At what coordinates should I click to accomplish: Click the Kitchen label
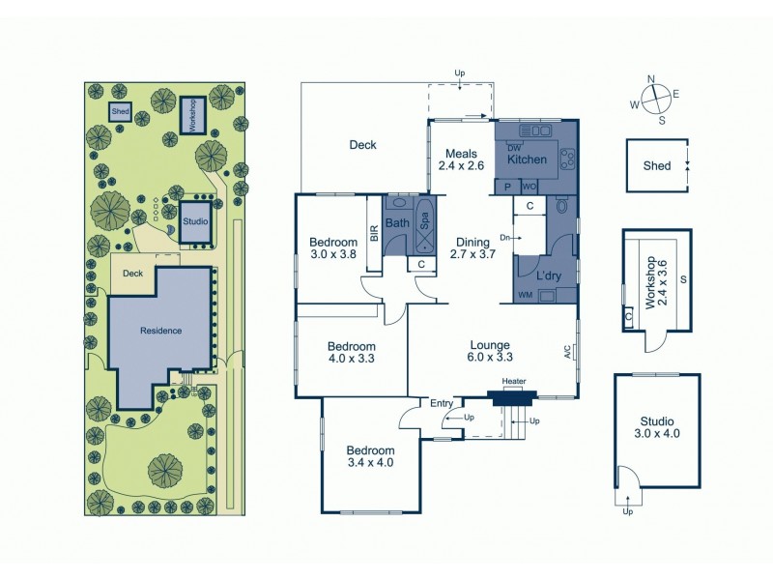(528, 159)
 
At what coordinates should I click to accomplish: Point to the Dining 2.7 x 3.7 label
(472, 249)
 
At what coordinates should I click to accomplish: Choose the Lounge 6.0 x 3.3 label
(490, 352)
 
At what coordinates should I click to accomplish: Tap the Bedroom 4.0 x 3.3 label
(351, 352)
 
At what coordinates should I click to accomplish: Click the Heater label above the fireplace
(513, 382)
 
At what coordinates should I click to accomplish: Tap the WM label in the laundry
(526, 295)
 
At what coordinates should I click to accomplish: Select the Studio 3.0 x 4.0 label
(657, 428)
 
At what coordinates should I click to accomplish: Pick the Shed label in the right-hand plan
(656, 165)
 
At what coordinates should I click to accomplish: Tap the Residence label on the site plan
(160, 331)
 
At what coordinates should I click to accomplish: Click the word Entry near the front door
(442, 403)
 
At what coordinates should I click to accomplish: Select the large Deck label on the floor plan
(362, 145)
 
